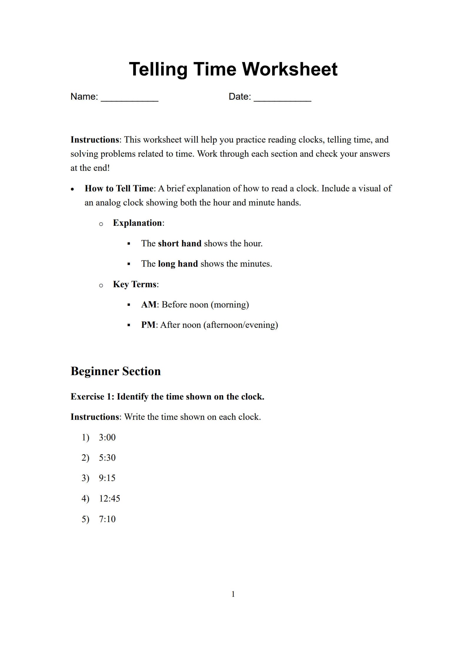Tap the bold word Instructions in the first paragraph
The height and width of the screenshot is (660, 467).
[94, 140]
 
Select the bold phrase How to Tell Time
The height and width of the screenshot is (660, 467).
[119, 188]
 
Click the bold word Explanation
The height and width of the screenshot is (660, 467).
[137, 223]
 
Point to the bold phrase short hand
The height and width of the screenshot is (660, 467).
[179, 243]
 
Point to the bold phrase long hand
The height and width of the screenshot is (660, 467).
[178, 264]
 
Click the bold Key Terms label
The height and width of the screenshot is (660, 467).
[135, 284]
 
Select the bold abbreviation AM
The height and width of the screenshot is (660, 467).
[149, 305]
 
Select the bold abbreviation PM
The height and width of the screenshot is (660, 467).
[148, 325]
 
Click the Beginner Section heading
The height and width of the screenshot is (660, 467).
[116, 371]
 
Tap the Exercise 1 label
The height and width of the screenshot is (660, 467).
[92, 397]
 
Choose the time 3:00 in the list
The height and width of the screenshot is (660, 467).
[107, 437]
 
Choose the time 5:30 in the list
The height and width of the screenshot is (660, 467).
[107, 458]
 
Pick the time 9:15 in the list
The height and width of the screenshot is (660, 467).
[107, 478]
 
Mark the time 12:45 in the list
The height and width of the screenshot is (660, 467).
[109, 499]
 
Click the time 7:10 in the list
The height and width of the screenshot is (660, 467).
[107, 519]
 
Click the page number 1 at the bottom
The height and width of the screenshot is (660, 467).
[233, 594]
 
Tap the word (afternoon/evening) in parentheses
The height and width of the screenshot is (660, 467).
[240, 325]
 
